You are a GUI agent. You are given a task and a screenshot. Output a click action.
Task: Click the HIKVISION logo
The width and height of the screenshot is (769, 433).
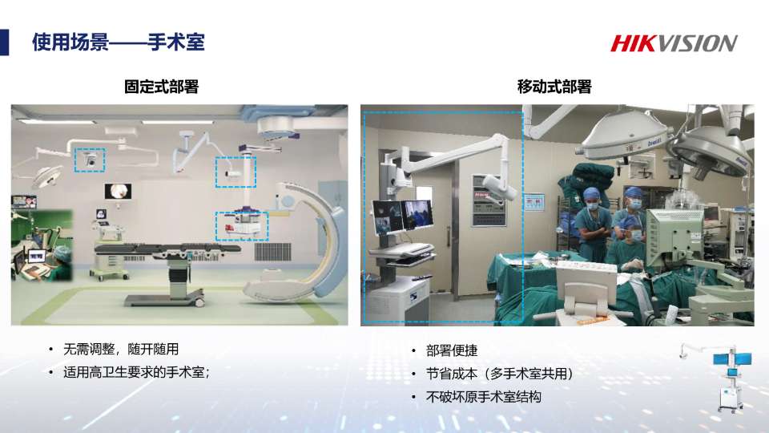coord(674,43)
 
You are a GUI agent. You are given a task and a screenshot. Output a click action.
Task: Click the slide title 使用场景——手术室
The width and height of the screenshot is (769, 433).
coord(119,42)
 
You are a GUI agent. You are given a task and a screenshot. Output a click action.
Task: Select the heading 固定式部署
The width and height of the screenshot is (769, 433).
coord(161,87)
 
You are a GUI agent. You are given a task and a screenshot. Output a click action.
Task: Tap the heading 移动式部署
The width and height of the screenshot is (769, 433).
coord(554,87)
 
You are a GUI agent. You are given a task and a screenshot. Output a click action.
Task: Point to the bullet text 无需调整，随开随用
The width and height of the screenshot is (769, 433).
coord(121,349)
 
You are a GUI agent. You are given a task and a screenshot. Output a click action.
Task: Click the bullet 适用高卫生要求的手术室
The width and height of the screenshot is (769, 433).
coord(136,372)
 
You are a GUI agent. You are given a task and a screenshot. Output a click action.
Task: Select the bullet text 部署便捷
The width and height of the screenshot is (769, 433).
coord(452,350)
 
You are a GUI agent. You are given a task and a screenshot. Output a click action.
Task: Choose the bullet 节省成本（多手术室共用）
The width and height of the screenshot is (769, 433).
coord(500,374)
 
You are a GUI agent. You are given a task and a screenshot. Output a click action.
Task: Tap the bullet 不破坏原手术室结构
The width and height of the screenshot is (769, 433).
coord(484,397)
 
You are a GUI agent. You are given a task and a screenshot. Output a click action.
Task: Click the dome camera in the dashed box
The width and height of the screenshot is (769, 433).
coord(91,160)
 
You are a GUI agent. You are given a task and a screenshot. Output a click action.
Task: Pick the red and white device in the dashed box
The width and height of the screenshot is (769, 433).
coord(242,226)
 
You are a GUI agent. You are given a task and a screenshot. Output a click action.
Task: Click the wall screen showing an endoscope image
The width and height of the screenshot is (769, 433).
coord(118,192)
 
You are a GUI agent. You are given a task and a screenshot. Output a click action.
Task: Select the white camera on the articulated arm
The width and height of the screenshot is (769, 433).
coord(500,188)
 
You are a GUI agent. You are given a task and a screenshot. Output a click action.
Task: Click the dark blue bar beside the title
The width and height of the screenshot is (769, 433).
coord(5,42)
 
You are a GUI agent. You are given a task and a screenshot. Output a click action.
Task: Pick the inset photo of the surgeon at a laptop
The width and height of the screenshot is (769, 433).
coord(42,245)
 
